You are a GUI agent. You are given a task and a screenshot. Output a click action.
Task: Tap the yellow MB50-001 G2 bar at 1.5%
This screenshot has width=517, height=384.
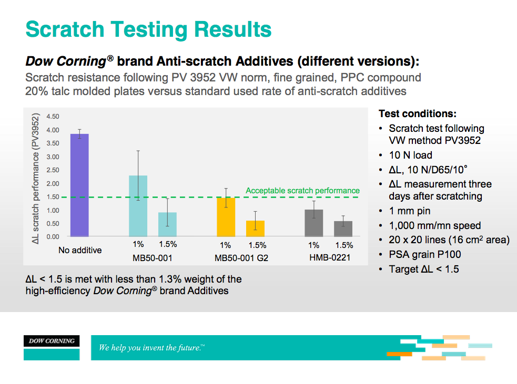[256, 229]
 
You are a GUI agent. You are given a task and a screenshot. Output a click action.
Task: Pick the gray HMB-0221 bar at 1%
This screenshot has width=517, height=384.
[313, 223]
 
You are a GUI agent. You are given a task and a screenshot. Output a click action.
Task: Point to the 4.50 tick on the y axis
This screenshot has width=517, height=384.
[53, 117]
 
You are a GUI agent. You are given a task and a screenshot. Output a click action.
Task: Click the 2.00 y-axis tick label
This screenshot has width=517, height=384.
[53, 183]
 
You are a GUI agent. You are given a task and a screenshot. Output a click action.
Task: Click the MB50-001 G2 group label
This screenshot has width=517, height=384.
[241, 257]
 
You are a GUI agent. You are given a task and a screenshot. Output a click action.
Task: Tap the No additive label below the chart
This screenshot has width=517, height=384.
[80, 250]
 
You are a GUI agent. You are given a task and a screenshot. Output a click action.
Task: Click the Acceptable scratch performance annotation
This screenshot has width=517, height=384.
[303, 191]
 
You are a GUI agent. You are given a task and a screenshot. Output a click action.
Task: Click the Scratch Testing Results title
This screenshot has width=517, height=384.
[149, 29]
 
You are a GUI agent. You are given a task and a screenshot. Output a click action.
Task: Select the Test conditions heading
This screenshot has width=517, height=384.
[418, 114]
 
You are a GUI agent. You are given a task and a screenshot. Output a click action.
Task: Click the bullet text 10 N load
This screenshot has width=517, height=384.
[410, 155]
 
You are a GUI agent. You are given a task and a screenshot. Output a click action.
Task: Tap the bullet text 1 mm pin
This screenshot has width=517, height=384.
[409, 211]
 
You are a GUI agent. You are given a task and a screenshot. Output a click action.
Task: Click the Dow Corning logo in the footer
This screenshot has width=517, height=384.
[52, 341]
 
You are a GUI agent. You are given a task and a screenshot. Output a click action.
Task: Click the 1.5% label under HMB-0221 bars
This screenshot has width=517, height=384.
[344, 245]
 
